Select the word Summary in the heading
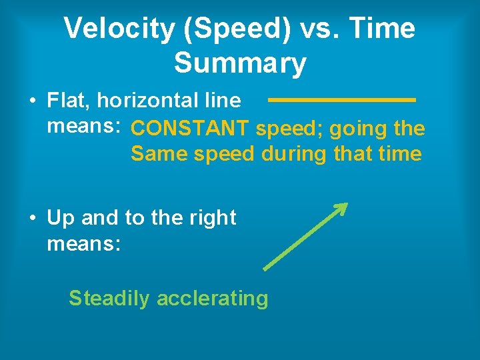(x=240, y=63)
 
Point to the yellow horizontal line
(x=341, y=100)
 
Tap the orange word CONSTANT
(x=190, y=128)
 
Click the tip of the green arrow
(x=346, y=204)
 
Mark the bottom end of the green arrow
(x=265, y=269)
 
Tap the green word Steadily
(x=109, y=298)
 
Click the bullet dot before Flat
(x=32, y=101)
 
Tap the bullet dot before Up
(x=32, y=219)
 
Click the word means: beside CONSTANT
(x=83, y=126)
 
